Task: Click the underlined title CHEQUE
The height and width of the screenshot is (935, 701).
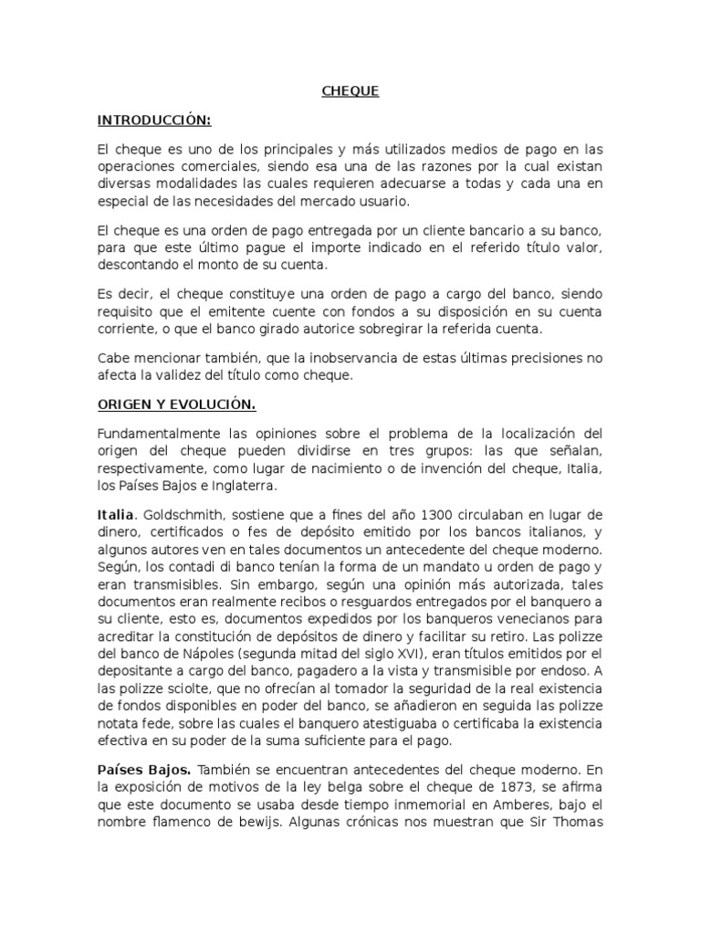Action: pos(350,91)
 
